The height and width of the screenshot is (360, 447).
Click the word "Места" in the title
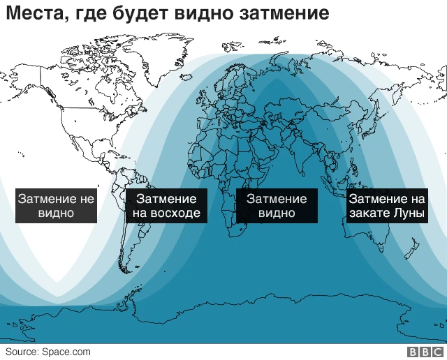coord(32,14)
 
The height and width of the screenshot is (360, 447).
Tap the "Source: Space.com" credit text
coord(47,352)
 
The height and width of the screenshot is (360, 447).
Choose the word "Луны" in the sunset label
coord(409,213)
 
